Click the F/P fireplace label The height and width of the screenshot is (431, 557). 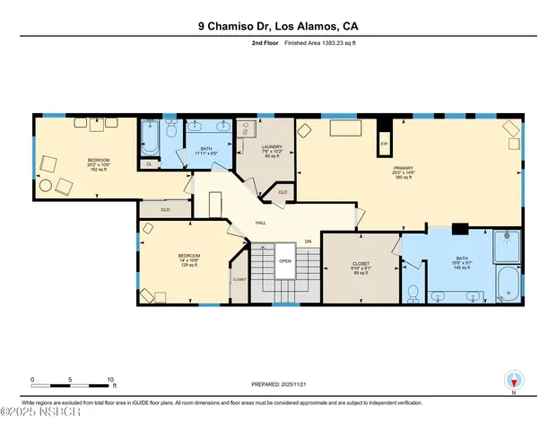click(x=384, y=144)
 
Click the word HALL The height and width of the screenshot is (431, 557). click(x=261, y=223)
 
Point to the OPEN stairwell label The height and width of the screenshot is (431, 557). click(x=285, y=261)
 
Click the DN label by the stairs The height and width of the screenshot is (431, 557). click(x=308, y=242)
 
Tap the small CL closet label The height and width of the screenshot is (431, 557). click(x=149, y=164)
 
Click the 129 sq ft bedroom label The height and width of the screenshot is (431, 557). click(x=189, y=259)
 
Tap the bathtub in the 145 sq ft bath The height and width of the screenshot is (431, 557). click(x=507, y=284)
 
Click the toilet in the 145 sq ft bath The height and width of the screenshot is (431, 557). click(x=413, y=293)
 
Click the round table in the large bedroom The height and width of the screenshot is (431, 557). click(x=64, y=186)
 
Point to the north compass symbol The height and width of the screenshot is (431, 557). click(x=513, y=381)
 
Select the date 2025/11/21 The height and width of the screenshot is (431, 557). click(x=297, y=384)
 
